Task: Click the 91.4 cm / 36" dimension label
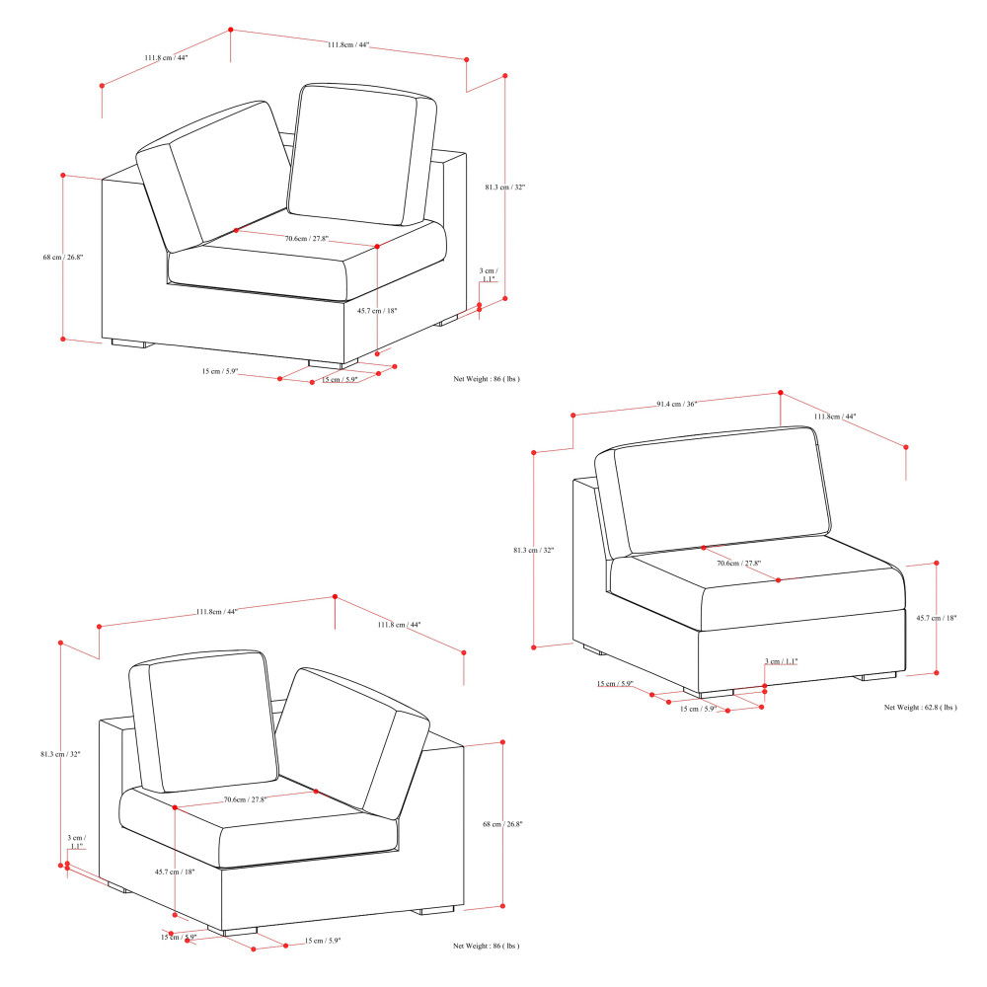[x=677, y=405]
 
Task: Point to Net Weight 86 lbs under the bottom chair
[x=487, y=946]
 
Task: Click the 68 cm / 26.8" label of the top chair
[x=63, y=258]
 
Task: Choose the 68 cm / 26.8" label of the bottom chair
[x=502, y=824]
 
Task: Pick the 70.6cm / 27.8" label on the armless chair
[x=738, y=564]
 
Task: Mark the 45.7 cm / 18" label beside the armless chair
[x=935, y=618]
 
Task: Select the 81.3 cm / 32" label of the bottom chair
[x=60, y=754]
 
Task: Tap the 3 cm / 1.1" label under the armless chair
[x=782, y=661]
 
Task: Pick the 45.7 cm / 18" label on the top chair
[x=377, y=311]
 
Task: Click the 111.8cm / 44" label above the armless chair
[x=835, y=417]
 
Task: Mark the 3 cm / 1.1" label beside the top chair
[x=488, y=274]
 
